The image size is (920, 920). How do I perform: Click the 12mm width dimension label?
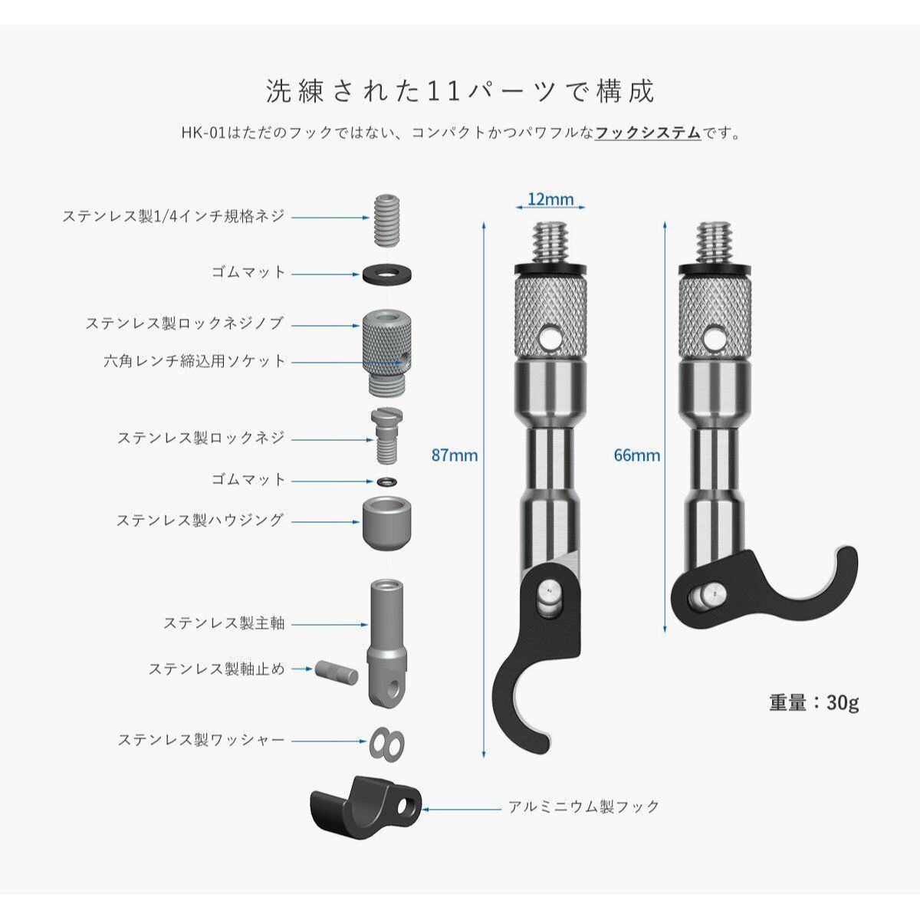click(550, 200)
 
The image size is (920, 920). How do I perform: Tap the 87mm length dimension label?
click(455, 455)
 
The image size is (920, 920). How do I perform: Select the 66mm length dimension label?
click(636, 455)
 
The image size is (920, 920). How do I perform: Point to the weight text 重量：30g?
click(814, 702)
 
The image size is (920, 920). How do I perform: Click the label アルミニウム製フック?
click(584, 807)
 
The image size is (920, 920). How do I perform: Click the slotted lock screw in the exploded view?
click(386, 435)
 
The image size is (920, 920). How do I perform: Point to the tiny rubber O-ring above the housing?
click(387, 481)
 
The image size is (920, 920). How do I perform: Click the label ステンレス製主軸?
click(224, 623)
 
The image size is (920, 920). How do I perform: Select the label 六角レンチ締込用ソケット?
click(195, 361)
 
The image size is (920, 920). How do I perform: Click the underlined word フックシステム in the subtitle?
click(648, 133)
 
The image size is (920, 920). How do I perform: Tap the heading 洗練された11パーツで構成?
click(460, 91)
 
